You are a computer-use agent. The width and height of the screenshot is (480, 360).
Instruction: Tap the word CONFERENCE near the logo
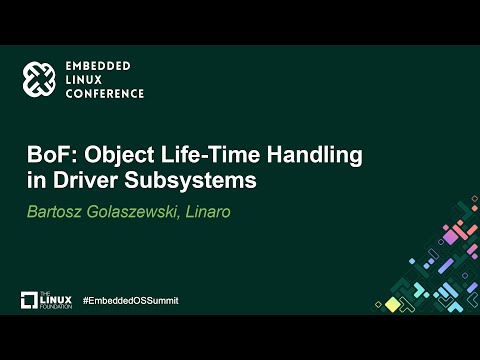pos(105,93)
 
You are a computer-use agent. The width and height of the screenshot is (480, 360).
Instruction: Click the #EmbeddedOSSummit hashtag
pos(130,300)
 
